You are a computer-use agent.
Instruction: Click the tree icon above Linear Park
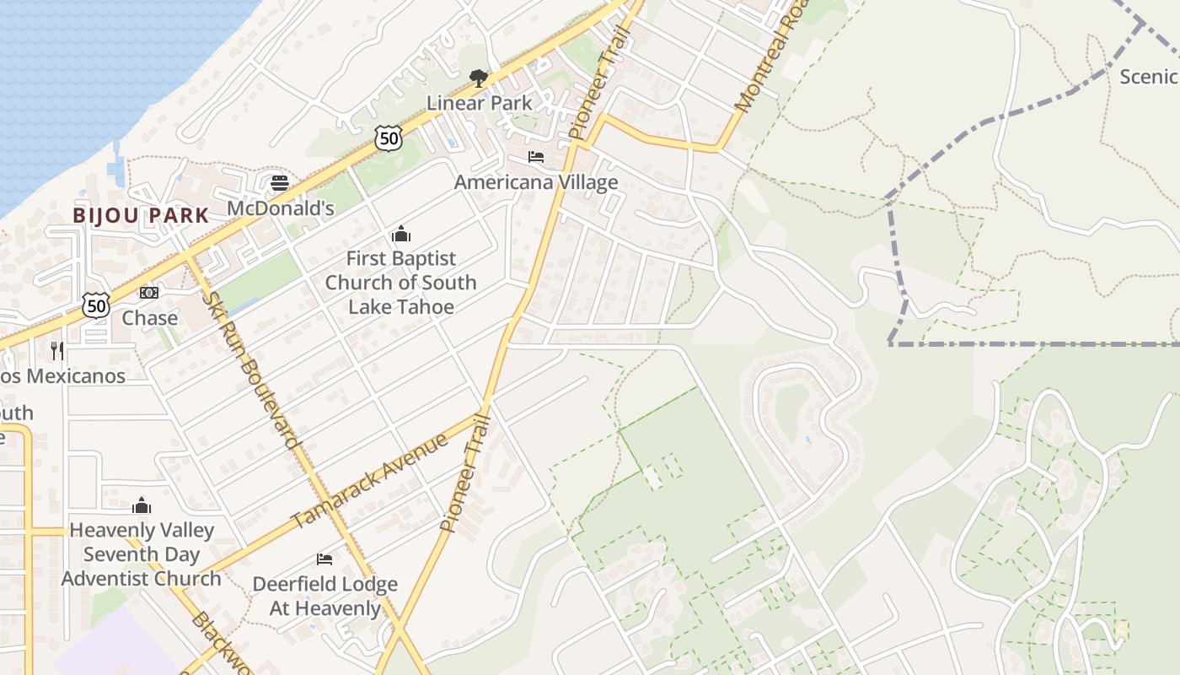pos(479,78)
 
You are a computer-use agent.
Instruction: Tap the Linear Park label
pos(479,103)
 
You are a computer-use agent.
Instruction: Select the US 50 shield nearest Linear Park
pos(388,138)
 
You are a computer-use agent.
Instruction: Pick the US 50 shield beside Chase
pos(96,305)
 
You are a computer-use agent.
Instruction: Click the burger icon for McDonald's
pos(280,183)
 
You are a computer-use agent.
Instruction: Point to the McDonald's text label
pos(281,208)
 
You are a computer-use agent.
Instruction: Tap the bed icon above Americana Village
pos(536,157)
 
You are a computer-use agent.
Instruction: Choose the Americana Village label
pos(536,182)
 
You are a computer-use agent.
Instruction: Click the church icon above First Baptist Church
pos(401,234)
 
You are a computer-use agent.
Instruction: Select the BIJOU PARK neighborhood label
pos(141,215)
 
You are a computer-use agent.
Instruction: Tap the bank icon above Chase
pos(149,293)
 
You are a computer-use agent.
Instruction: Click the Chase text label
pos(150,318)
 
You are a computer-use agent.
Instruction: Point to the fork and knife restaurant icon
pos(57,350)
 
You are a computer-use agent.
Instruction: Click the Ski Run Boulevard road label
pos(252,370)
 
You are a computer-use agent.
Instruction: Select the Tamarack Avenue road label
pos(369,480)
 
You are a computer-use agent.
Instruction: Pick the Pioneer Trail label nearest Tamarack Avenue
pos(465,473)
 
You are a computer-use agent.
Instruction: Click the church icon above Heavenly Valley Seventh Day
pos(142,505)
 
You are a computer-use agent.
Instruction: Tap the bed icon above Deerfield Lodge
pos(324,559)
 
